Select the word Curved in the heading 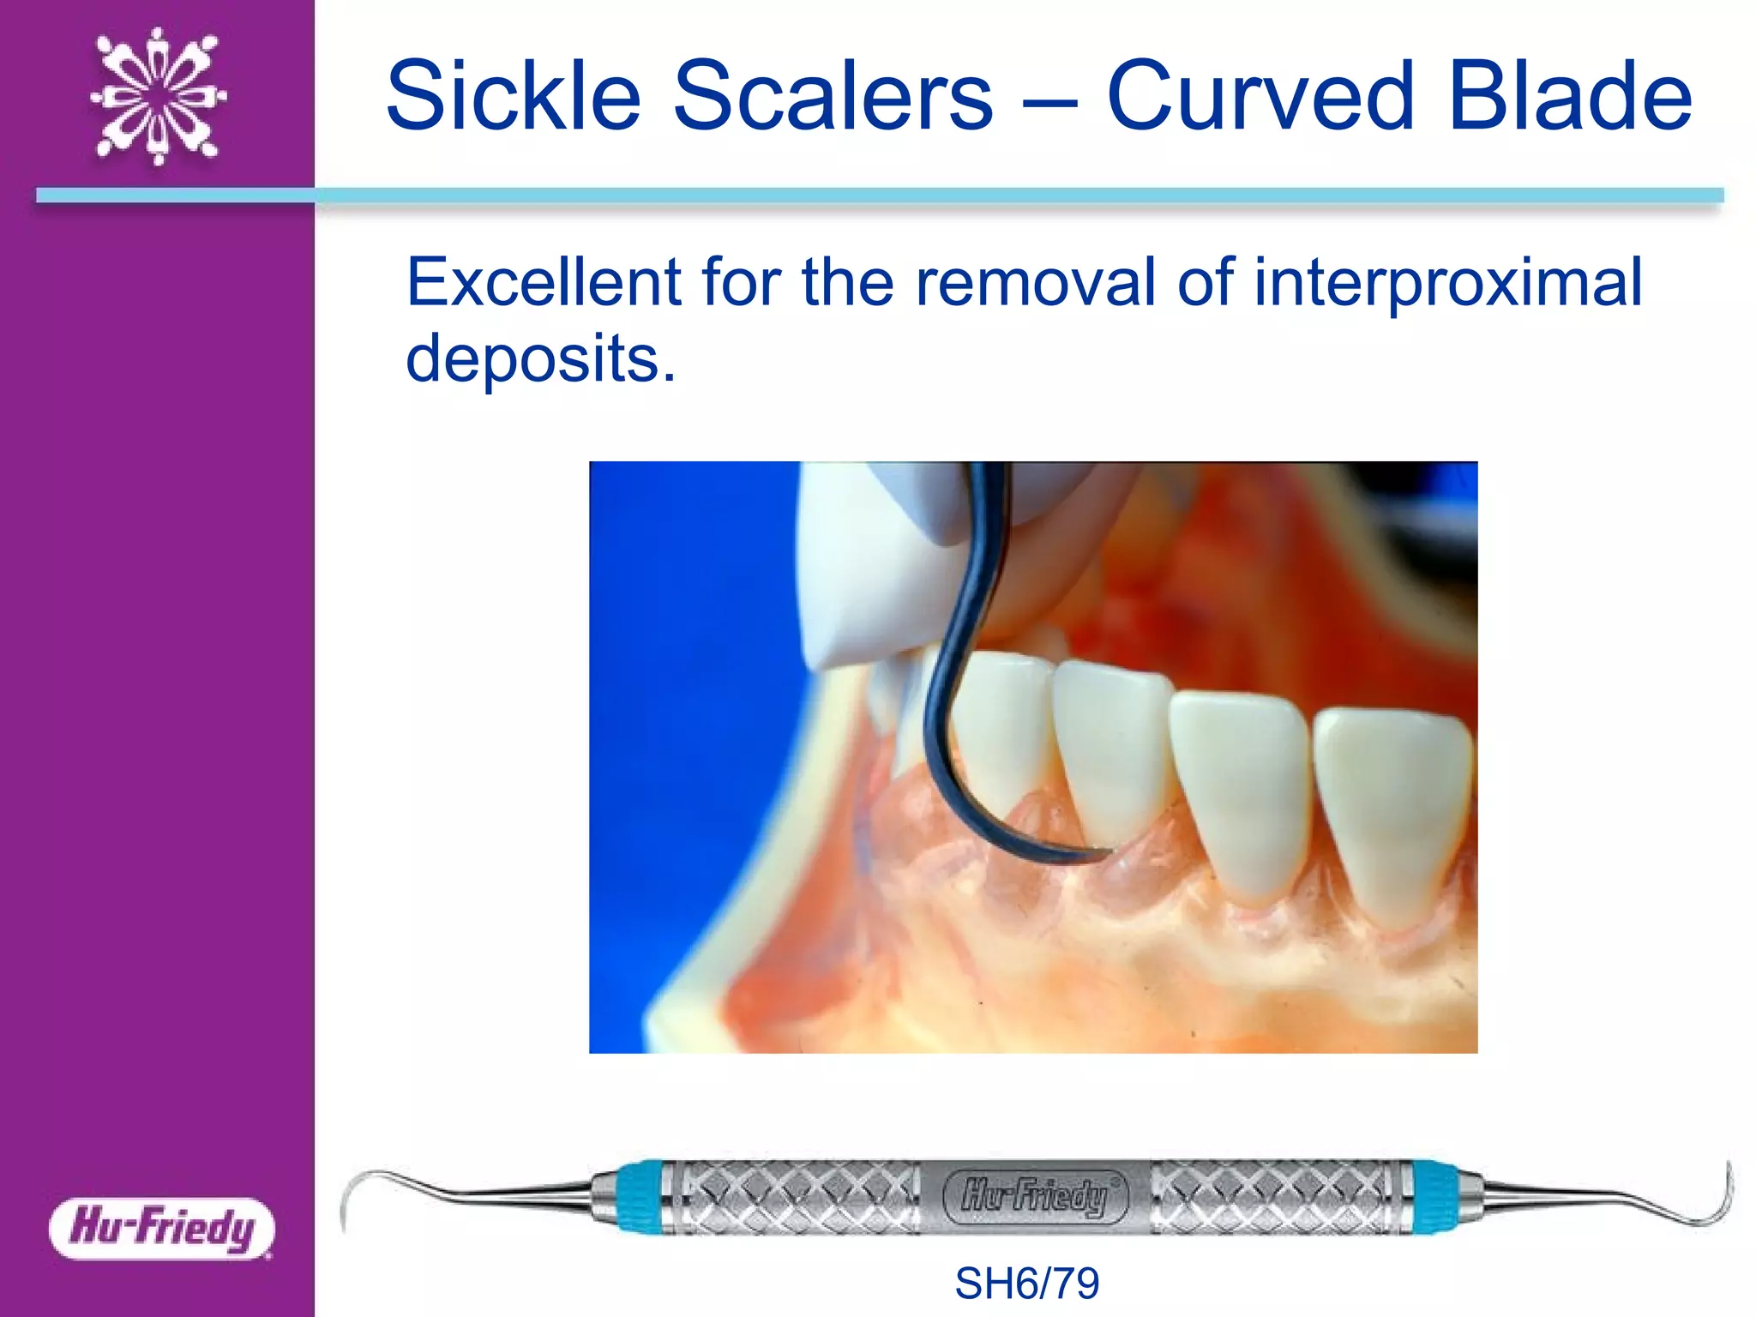(1259, 96)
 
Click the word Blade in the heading (1569, 96)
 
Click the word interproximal (1447, 283)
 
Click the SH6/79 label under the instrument (1026, 1284)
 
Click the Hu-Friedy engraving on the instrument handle (1034, 1196)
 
